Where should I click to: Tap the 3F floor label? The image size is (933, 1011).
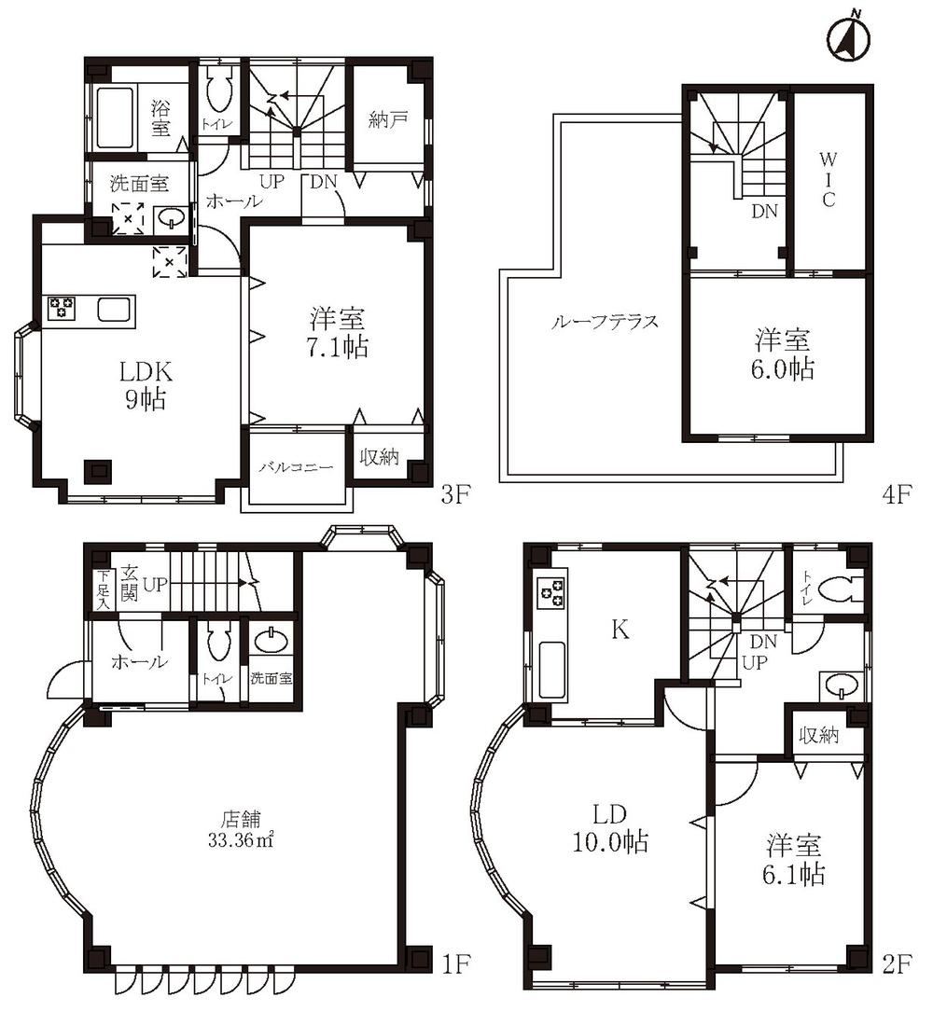pyautogui.click(x=456, y=494)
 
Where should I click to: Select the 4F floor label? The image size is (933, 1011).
pyautogui.click(x=897, y=494)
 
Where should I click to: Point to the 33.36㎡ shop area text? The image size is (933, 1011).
pyautogui.click(x=241, y=840)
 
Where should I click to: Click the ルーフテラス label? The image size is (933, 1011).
pyautogui.click(x=605, y=322)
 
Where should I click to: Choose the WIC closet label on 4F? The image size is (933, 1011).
pyautogui.click(x=828, y=179)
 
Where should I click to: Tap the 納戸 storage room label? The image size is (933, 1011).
pyautogui.click(x=388, y=120)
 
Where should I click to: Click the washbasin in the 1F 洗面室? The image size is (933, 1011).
pyautogui.click(x=271, y=641)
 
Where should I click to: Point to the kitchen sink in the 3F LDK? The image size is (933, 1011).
pyautogui.click(x=115, y=311)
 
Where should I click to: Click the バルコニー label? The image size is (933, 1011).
pyautogui.click(x=296, y=467)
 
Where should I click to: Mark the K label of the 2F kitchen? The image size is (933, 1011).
pyautogui.click(x=620, y=629)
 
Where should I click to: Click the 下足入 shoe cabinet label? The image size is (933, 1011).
pyautogui.click(x=103, y=589)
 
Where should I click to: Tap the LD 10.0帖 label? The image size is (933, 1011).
pyautogui.click(x=610, y=828)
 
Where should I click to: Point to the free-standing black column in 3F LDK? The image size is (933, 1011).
pyautogui.click(x=97, y=471)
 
